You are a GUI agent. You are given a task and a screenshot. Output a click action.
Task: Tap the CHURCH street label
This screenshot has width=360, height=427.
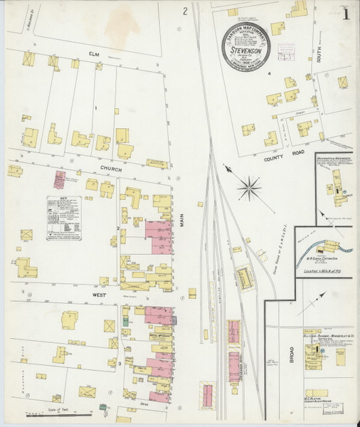(112, 170)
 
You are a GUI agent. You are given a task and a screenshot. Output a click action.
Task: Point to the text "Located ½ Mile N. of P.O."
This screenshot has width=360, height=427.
(327, 271)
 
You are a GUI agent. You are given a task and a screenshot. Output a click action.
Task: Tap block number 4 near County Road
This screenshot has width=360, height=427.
(269, 73)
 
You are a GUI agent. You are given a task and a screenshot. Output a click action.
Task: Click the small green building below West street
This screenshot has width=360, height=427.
(125, 321)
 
